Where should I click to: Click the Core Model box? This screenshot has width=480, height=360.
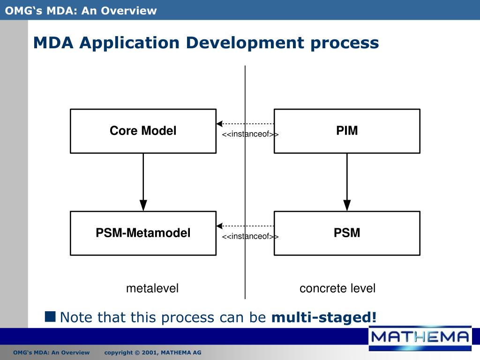pos(143,131)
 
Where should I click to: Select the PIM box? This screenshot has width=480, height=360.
pos(347,131)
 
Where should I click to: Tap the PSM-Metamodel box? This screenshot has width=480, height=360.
pos(143,233)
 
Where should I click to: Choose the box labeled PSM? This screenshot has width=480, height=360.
pos(347,233)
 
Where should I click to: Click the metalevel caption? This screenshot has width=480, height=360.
pos(152,288)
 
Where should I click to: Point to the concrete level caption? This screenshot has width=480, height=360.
pos(337,288)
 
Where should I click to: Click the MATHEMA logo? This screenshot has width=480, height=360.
pos(420,337)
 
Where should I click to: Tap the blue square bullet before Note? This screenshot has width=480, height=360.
pos(50,316)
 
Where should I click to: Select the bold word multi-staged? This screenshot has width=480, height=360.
pos(324,317)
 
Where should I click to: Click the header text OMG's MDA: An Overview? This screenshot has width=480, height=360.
pos(81,10)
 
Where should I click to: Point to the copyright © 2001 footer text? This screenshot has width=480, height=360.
pos(152,352)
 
